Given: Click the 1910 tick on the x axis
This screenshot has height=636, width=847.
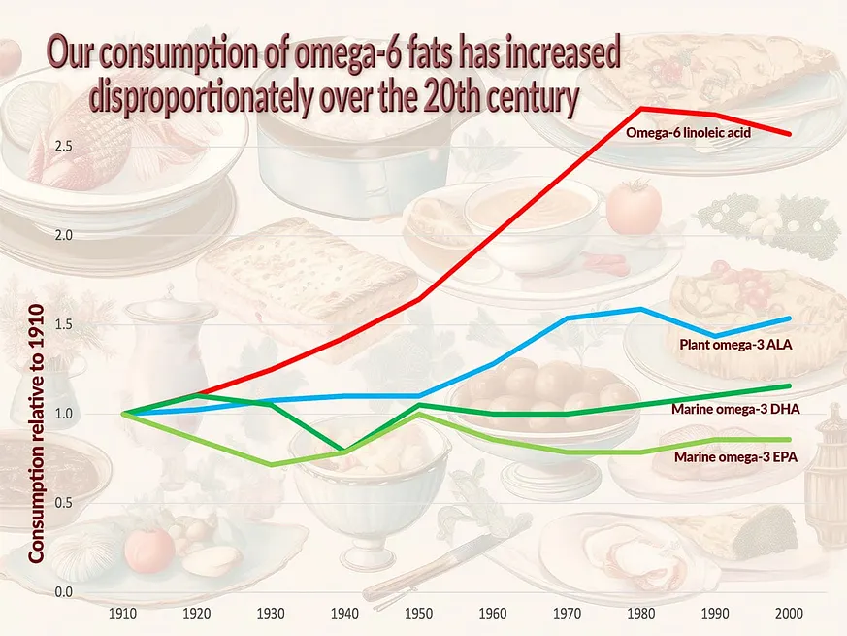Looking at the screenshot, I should [x=122, y=614].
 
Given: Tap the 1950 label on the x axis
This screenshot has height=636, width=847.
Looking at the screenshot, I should [x=418, y=614].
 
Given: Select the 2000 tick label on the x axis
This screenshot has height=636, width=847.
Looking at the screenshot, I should [x=789, y=614].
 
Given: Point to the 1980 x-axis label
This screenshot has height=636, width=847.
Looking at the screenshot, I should [x=640, y=614].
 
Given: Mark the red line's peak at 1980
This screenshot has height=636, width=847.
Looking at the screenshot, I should [x=640, y=108].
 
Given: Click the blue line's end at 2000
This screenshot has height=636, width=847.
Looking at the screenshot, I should [x=789, y=318].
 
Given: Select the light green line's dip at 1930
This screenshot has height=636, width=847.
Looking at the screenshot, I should [x=271, y=465].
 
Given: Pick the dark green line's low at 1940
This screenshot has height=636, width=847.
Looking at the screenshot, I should [x=344, y=451].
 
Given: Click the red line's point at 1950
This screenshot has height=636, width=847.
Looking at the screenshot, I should [x=418, y=300].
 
